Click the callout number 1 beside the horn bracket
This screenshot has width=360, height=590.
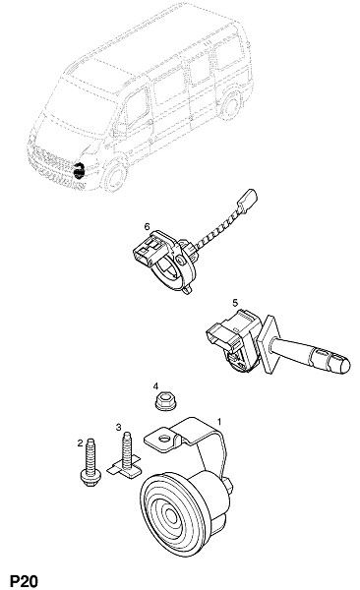point(219,422)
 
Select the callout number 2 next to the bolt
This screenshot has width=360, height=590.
point(80,442)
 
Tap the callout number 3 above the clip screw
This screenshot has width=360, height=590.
point(119,427)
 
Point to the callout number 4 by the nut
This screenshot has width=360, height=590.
point(155,386)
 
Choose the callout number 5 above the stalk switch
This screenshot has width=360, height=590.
point(235,302)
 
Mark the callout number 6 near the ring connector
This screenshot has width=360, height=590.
point(147,226)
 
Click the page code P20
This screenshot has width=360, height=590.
point(24,580)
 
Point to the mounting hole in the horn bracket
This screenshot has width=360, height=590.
point(164,439)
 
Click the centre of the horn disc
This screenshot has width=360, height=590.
point(171,515)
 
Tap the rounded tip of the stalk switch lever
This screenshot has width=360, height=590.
point(343,365)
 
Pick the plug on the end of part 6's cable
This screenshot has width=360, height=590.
point(248,200)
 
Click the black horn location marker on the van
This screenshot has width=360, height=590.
point(79,171)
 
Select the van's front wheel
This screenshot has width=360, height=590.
point(115,176)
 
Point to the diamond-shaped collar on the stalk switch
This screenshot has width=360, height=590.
point(270,344)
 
